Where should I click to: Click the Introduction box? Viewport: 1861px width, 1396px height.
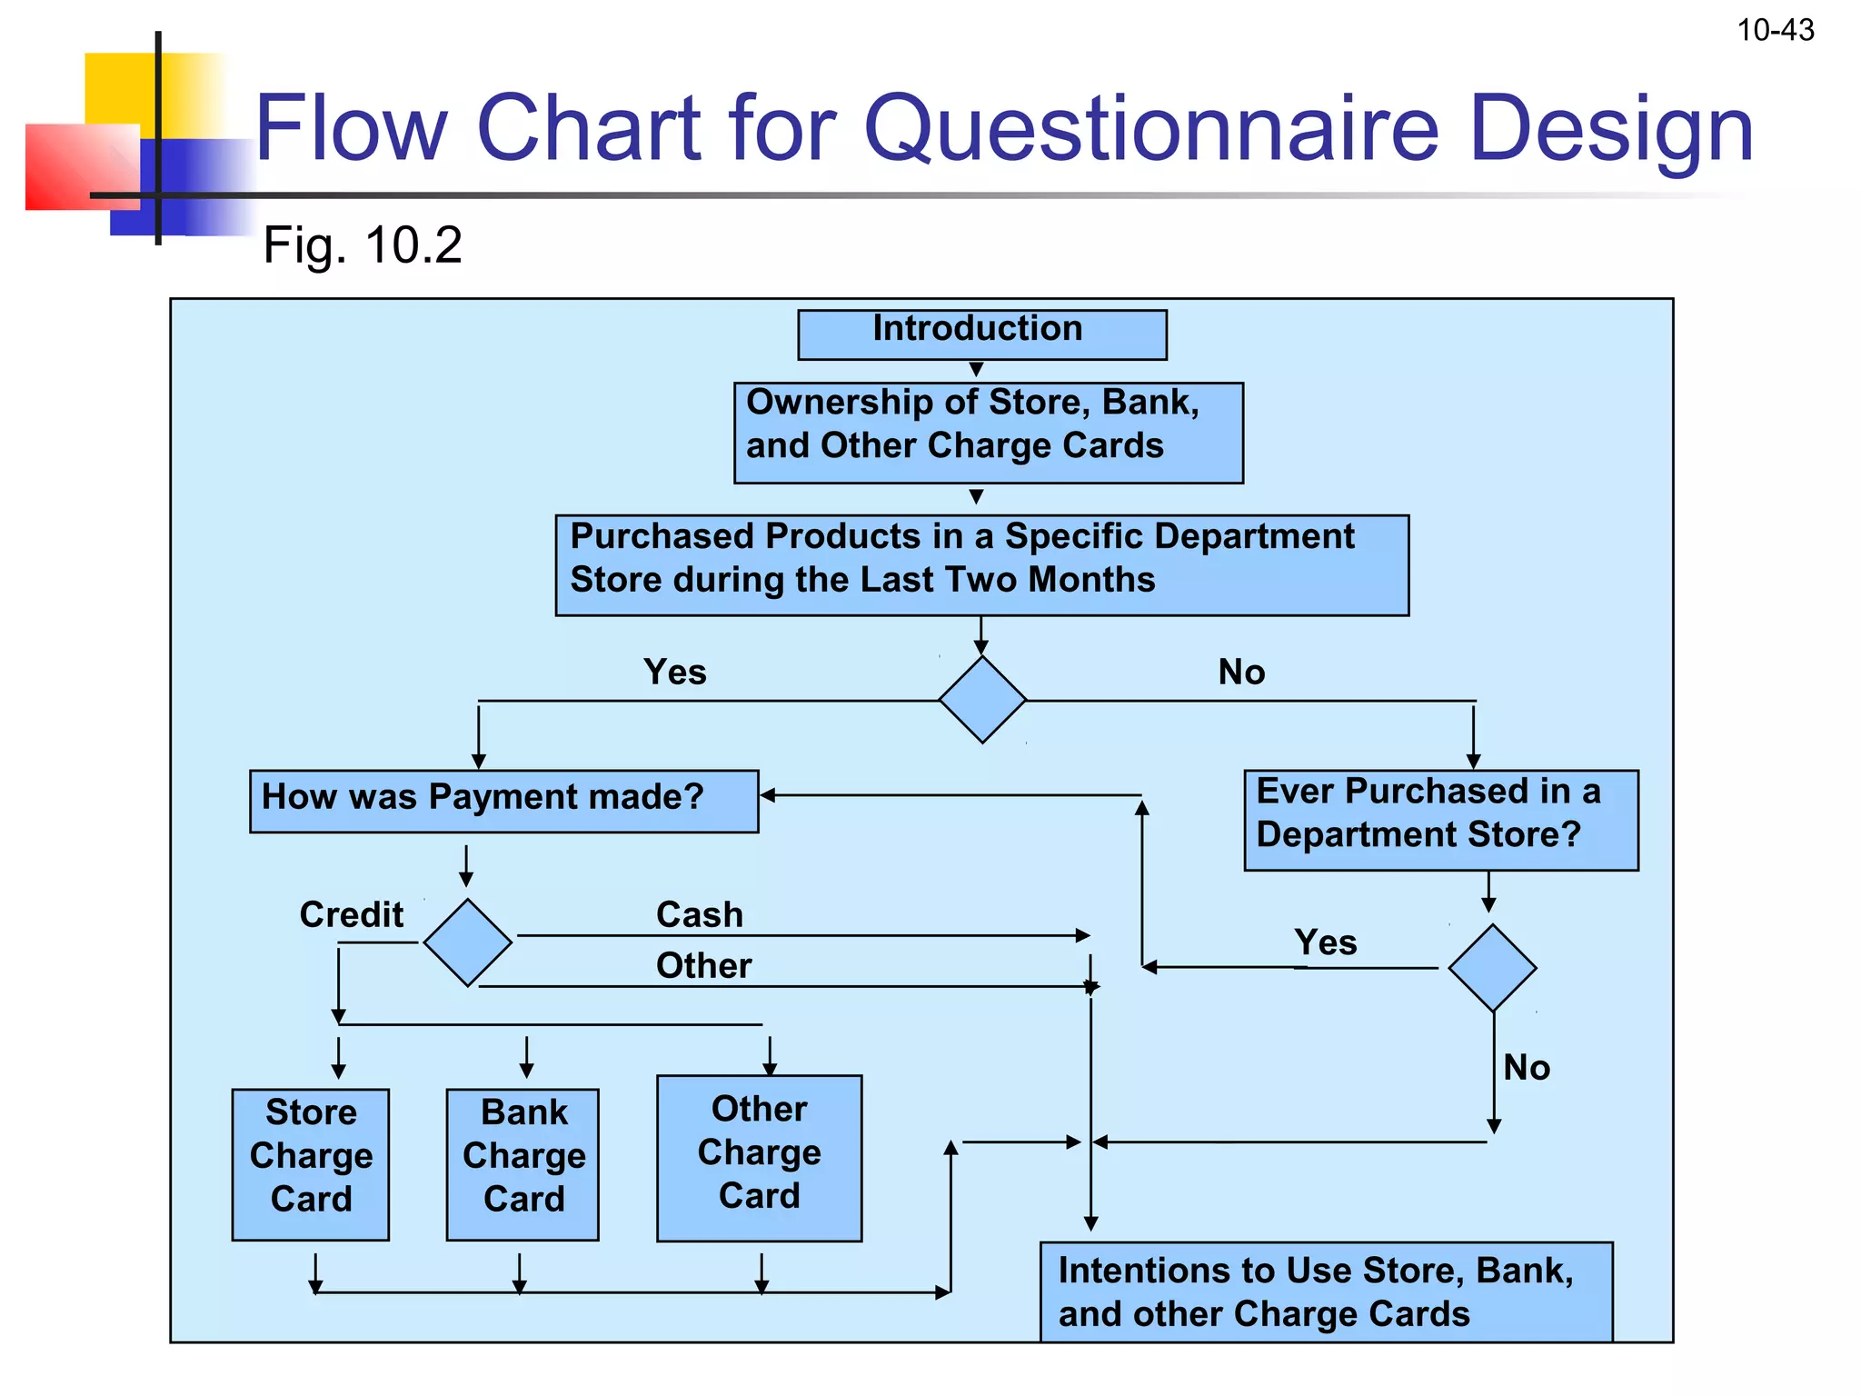point(981,334)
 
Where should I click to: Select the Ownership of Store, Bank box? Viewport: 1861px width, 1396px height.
point(988,433)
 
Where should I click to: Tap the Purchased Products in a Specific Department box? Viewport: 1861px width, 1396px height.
point(981,564)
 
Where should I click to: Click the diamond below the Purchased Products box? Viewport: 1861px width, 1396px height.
point(982,700)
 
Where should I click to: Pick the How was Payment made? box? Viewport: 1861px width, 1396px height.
point(503,801)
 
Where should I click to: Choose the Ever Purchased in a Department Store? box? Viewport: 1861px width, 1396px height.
point(1440,820)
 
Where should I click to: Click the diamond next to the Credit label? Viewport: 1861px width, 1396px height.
point(467,942)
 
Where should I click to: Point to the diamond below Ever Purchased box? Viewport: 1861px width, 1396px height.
point(1492,968)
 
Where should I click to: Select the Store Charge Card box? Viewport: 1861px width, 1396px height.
point(311,1163)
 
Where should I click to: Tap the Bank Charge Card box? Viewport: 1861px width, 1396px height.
point(522,1163)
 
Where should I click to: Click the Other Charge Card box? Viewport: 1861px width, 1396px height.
point(759,1158)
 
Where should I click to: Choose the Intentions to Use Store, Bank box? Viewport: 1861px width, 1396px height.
point(1326,1291)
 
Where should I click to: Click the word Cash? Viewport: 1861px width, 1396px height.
point(700,914)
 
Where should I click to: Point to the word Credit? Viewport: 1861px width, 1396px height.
point(352,914)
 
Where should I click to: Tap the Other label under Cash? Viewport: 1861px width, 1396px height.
point(703,965)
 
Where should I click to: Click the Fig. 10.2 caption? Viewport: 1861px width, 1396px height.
point(363,245)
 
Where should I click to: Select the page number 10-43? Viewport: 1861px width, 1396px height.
point(1775,31)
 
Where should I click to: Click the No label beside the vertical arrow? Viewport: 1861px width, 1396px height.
point(1526,1067)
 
